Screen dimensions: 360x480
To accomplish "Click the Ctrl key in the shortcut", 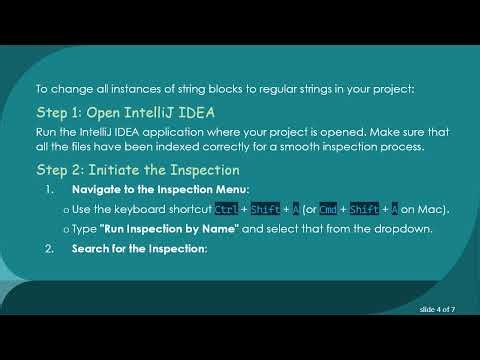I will [x=227, y=208].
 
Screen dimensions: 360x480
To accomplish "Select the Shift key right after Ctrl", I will [x=265, y=208].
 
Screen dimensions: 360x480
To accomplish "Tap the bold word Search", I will [x=91, y=248].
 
